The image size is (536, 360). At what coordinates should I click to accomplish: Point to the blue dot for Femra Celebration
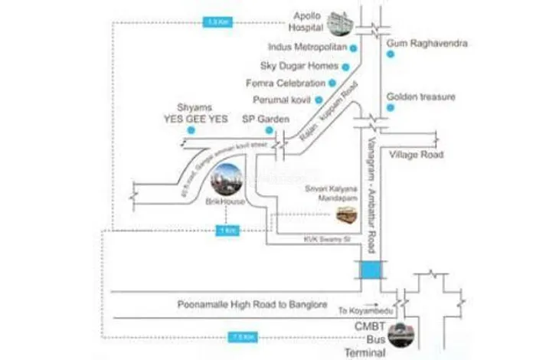[x=331, y=83]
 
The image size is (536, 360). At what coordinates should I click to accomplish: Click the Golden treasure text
[x=421, y=97]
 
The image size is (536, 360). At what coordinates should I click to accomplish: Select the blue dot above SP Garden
[x=269, y=130]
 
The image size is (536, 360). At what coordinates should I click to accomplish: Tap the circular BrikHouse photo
[x=226, y=180]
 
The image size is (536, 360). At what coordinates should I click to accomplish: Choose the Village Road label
[x=416, y=155]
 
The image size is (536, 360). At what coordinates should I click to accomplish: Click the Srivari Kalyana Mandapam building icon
[x=347, y=215]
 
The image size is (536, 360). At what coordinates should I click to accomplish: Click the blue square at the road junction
[x=371, y=270]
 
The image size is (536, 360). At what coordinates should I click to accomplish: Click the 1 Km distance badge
[x=224, y=230]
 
